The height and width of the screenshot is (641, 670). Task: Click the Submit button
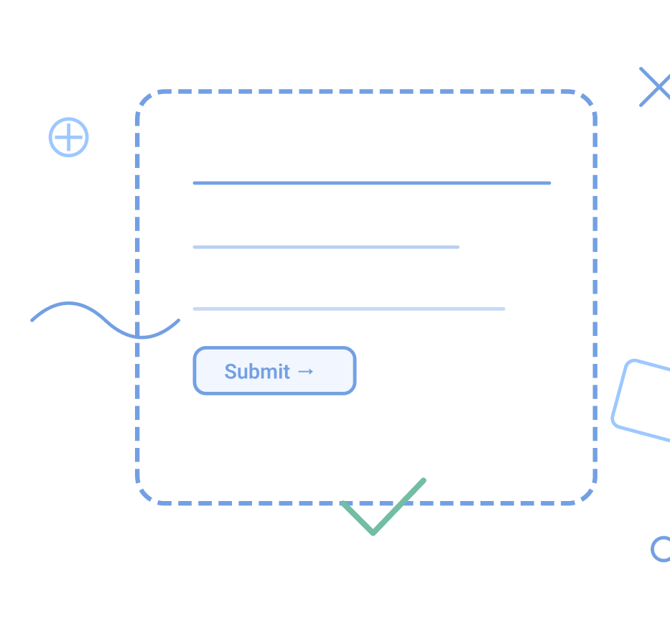click(274, 371)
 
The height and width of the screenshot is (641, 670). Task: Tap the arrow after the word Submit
click(305, 372)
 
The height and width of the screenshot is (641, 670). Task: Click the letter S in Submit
click(231, 372)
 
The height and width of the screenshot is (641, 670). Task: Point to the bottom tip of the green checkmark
click(373, 533)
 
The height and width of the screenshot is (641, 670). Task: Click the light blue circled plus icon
click(69, 137)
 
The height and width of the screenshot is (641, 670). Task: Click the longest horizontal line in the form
click(371, 183)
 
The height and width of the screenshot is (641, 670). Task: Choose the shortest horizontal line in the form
click(325, 247)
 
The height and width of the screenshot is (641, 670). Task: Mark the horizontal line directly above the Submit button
click(348, 309)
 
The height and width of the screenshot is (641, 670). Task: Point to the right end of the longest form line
click(549, 183)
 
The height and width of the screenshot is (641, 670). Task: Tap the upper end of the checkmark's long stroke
click(423, 480)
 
